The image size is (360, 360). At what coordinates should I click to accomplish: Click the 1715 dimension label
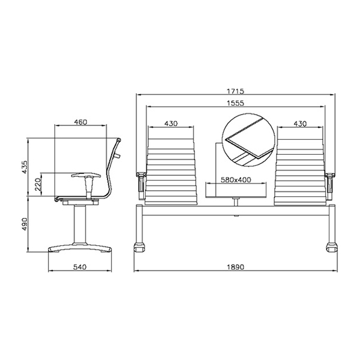point(236,91)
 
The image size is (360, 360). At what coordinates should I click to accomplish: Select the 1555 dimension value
point(236,103)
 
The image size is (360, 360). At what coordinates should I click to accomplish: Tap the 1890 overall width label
point(236,267)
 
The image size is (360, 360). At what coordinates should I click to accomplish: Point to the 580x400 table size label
point(236,179)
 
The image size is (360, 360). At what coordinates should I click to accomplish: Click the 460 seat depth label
point(80,122)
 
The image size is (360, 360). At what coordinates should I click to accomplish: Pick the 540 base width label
point(80,267)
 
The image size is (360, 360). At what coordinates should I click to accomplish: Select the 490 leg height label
point(25,224)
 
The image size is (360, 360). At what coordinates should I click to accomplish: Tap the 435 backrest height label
point(25,167)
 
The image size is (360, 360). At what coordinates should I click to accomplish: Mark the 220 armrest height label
point(38,185)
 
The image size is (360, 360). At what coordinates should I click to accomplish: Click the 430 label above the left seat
point(171,124)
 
